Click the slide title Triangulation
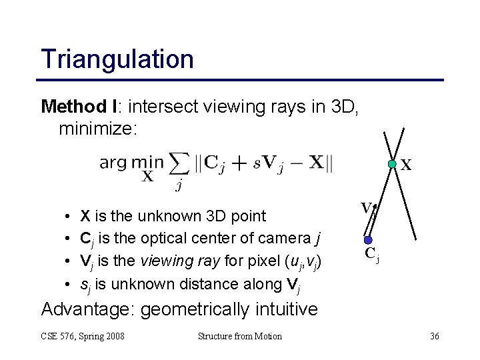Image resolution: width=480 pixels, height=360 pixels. [117, 59]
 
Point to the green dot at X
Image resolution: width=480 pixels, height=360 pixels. [393, 163]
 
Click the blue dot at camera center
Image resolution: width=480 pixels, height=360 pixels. [367, 239]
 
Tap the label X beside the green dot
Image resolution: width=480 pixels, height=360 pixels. [405, 165]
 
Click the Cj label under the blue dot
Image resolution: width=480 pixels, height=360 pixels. [371, 254]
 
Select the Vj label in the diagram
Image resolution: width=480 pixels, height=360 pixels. [368, 209]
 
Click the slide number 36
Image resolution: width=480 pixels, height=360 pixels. [434, 336]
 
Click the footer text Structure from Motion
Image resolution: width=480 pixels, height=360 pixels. [239, 336]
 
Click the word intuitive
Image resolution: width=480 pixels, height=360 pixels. [283, 309]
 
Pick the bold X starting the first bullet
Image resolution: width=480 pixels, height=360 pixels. [85, 216]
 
